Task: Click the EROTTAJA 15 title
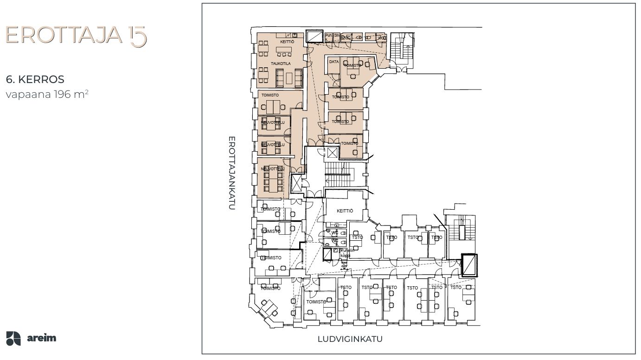pyautogui.click(x=76, y=36)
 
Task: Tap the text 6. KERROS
pyautogui.click(x=35, y=79)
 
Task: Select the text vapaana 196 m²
pyautogui.click(x=47, y=94)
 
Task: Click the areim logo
pyautogui.click(x=32, y=338)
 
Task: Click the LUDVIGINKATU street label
pyautogui.click(x=350, y=339)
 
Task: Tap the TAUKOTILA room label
pyautogui.click(x=281, y=63)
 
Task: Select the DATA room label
pyautogui.click(x=333, y=61)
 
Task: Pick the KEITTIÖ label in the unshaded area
pyautogui.click(x=345, y=211)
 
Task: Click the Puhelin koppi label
pyautogui.click(x=348, y=253)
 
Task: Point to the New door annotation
pyautogui.click(x=344, y=264)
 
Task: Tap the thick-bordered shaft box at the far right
pyautogui.click(x=469, y=265)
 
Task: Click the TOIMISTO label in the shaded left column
pyautogui.click(x=270, y=95)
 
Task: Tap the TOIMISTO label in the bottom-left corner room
pyautogui.click(x=270, y=288)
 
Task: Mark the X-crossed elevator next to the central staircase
pyautogui.click(x=333, y=153)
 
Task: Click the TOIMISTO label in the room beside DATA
pyautogui.click(x=352, y=66)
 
